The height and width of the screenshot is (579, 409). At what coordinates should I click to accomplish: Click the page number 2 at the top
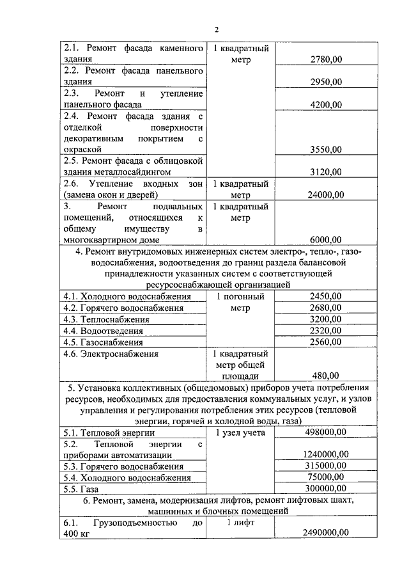point(217,29)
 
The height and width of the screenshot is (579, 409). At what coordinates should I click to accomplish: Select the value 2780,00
point(325,59)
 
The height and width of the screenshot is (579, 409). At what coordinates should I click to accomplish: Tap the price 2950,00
point(325,82)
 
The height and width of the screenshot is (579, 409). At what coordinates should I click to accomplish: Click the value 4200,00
point(325,104)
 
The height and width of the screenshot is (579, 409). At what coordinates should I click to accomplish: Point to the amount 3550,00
point(325,150)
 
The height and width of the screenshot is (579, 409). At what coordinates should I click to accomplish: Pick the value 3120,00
point(325,172)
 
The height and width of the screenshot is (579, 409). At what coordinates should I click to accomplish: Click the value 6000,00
point(325,241)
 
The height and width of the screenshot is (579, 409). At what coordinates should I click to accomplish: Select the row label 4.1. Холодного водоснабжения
point(127,297)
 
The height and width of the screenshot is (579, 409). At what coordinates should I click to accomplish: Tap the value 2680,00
point(325,308)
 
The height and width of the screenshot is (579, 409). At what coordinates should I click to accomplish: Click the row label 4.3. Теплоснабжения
point(106,319)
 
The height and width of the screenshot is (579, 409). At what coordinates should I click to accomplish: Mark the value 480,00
point(325,376)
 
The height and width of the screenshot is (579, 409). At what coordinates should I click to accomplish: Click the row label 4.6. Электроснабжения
point(111,353)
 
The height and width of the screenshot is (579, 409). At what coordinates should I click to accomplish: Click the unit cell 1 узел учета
point(240,433)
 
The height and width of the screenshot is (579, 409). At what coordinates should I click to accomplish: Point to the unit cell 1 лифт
point(240,523)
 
